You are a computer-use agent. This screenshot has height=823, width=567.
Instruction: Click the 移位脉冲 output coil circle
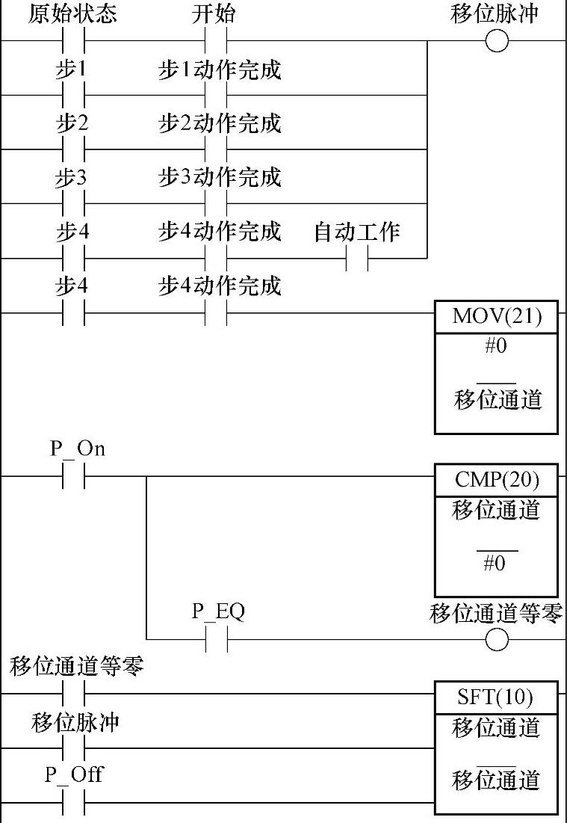497,40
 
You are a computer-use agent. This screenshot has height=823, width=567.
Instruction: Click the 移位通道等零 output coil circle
497,640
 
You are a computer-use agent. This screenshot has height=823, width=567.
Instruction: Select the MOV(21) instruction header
496,317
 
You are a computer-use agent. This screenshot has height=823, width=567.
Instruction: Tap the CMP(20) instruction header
496,478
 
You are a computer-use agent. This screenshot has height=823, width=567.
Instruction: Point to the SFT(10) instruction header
496,697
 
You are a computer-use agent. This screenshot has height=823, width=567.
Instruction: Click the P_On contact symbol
72,476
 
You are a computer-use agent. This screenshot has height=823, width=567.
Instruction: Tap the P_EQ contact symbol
216,640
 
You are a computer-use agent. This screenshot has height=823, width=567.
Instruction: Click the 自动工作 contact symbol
357,259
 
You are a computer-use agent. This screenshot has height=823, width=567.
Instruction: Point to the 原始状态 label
72,14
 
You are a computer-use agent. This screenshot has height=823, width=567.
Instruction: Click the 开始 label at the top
214,14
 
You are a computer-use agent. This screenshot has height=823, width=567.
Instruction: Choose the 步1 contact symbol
72,95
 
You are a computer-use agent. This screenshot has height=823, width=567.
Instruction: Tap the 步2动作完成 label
220,123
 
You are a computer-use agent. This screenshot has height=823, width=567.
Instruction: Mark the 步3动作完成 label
220,178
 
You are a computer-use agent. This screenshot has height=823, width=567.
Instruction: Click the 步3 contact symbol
72,203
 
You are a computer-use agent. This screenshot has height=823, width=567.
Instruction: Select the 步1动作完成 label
220,70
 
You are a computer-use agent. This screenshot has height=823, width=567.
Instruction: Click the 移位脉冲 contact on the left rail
72,748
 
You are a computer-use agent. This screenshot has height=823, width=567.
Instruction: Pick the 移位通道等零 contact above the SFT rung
72,694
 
